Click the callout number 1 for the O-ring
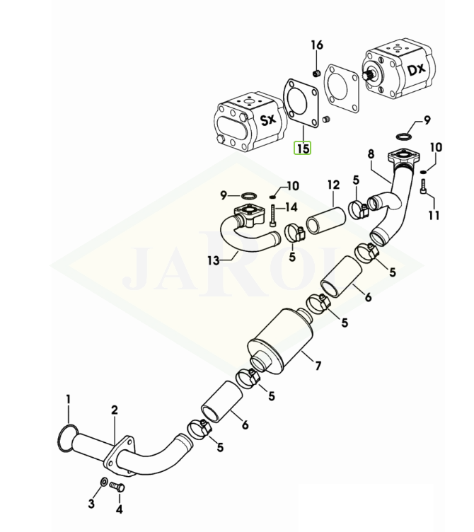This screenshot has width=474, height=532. [x=69, y=399]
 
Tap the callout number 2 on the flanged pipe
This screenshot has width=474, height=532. [x=114, y=410]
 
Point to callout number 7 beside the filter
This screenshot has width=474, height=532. [x=318, y=365]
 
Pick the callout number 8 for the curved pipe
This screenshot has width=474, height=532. [x=370, y=153]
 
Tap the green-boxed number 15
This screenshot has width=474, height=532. [x=303, y=149]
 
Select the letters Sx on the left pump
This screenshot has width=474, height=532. [x=267, y=120]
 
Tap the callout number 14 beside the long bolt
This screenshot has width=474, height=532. [x=291, y=207]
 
